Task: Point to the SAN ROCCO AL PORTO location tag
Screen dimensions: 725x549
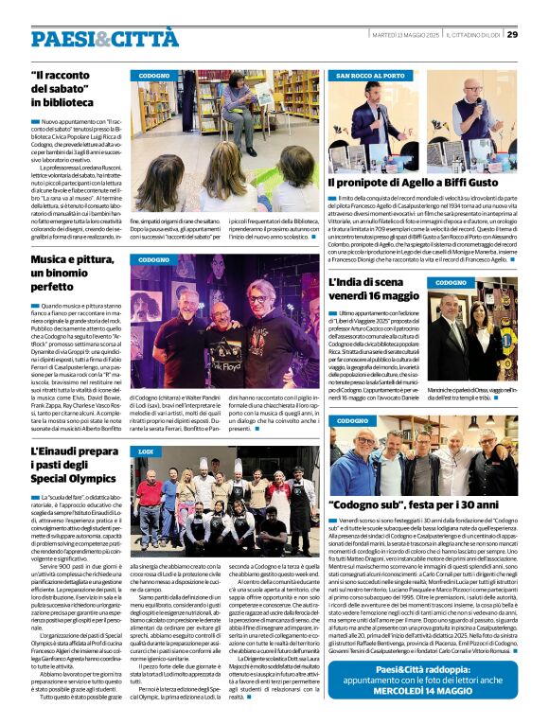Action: (370, 75)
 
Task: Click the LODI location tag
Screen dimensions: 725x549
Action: (147, 452)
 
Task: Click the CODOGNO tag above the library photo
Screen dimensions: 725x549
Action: (155, 75)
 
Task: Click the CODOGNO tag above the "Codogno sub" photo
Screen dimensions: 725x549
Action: (352, 419)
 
